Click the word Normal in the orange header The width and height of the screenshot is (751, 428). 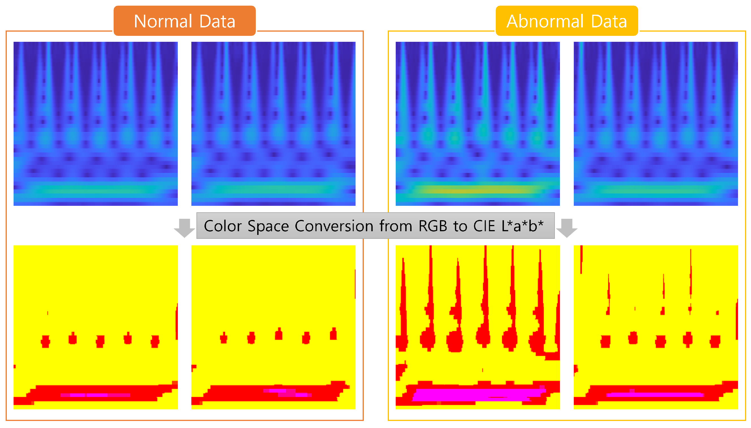[x=163, y=21]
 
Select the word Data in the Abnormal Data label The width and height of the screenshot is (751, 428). [x=609, y=21]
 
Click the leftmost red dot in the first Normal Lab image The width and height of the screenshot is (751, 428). [x=45, y=341]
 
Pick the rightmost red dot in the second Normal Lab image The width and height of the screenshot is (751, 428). [x=333, y=334]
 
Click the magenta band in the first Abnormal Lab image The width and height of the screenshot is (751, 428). [x=478, y=394]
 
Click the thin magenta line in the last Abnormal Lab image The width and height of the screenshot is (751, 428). [x=655, y=394]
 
